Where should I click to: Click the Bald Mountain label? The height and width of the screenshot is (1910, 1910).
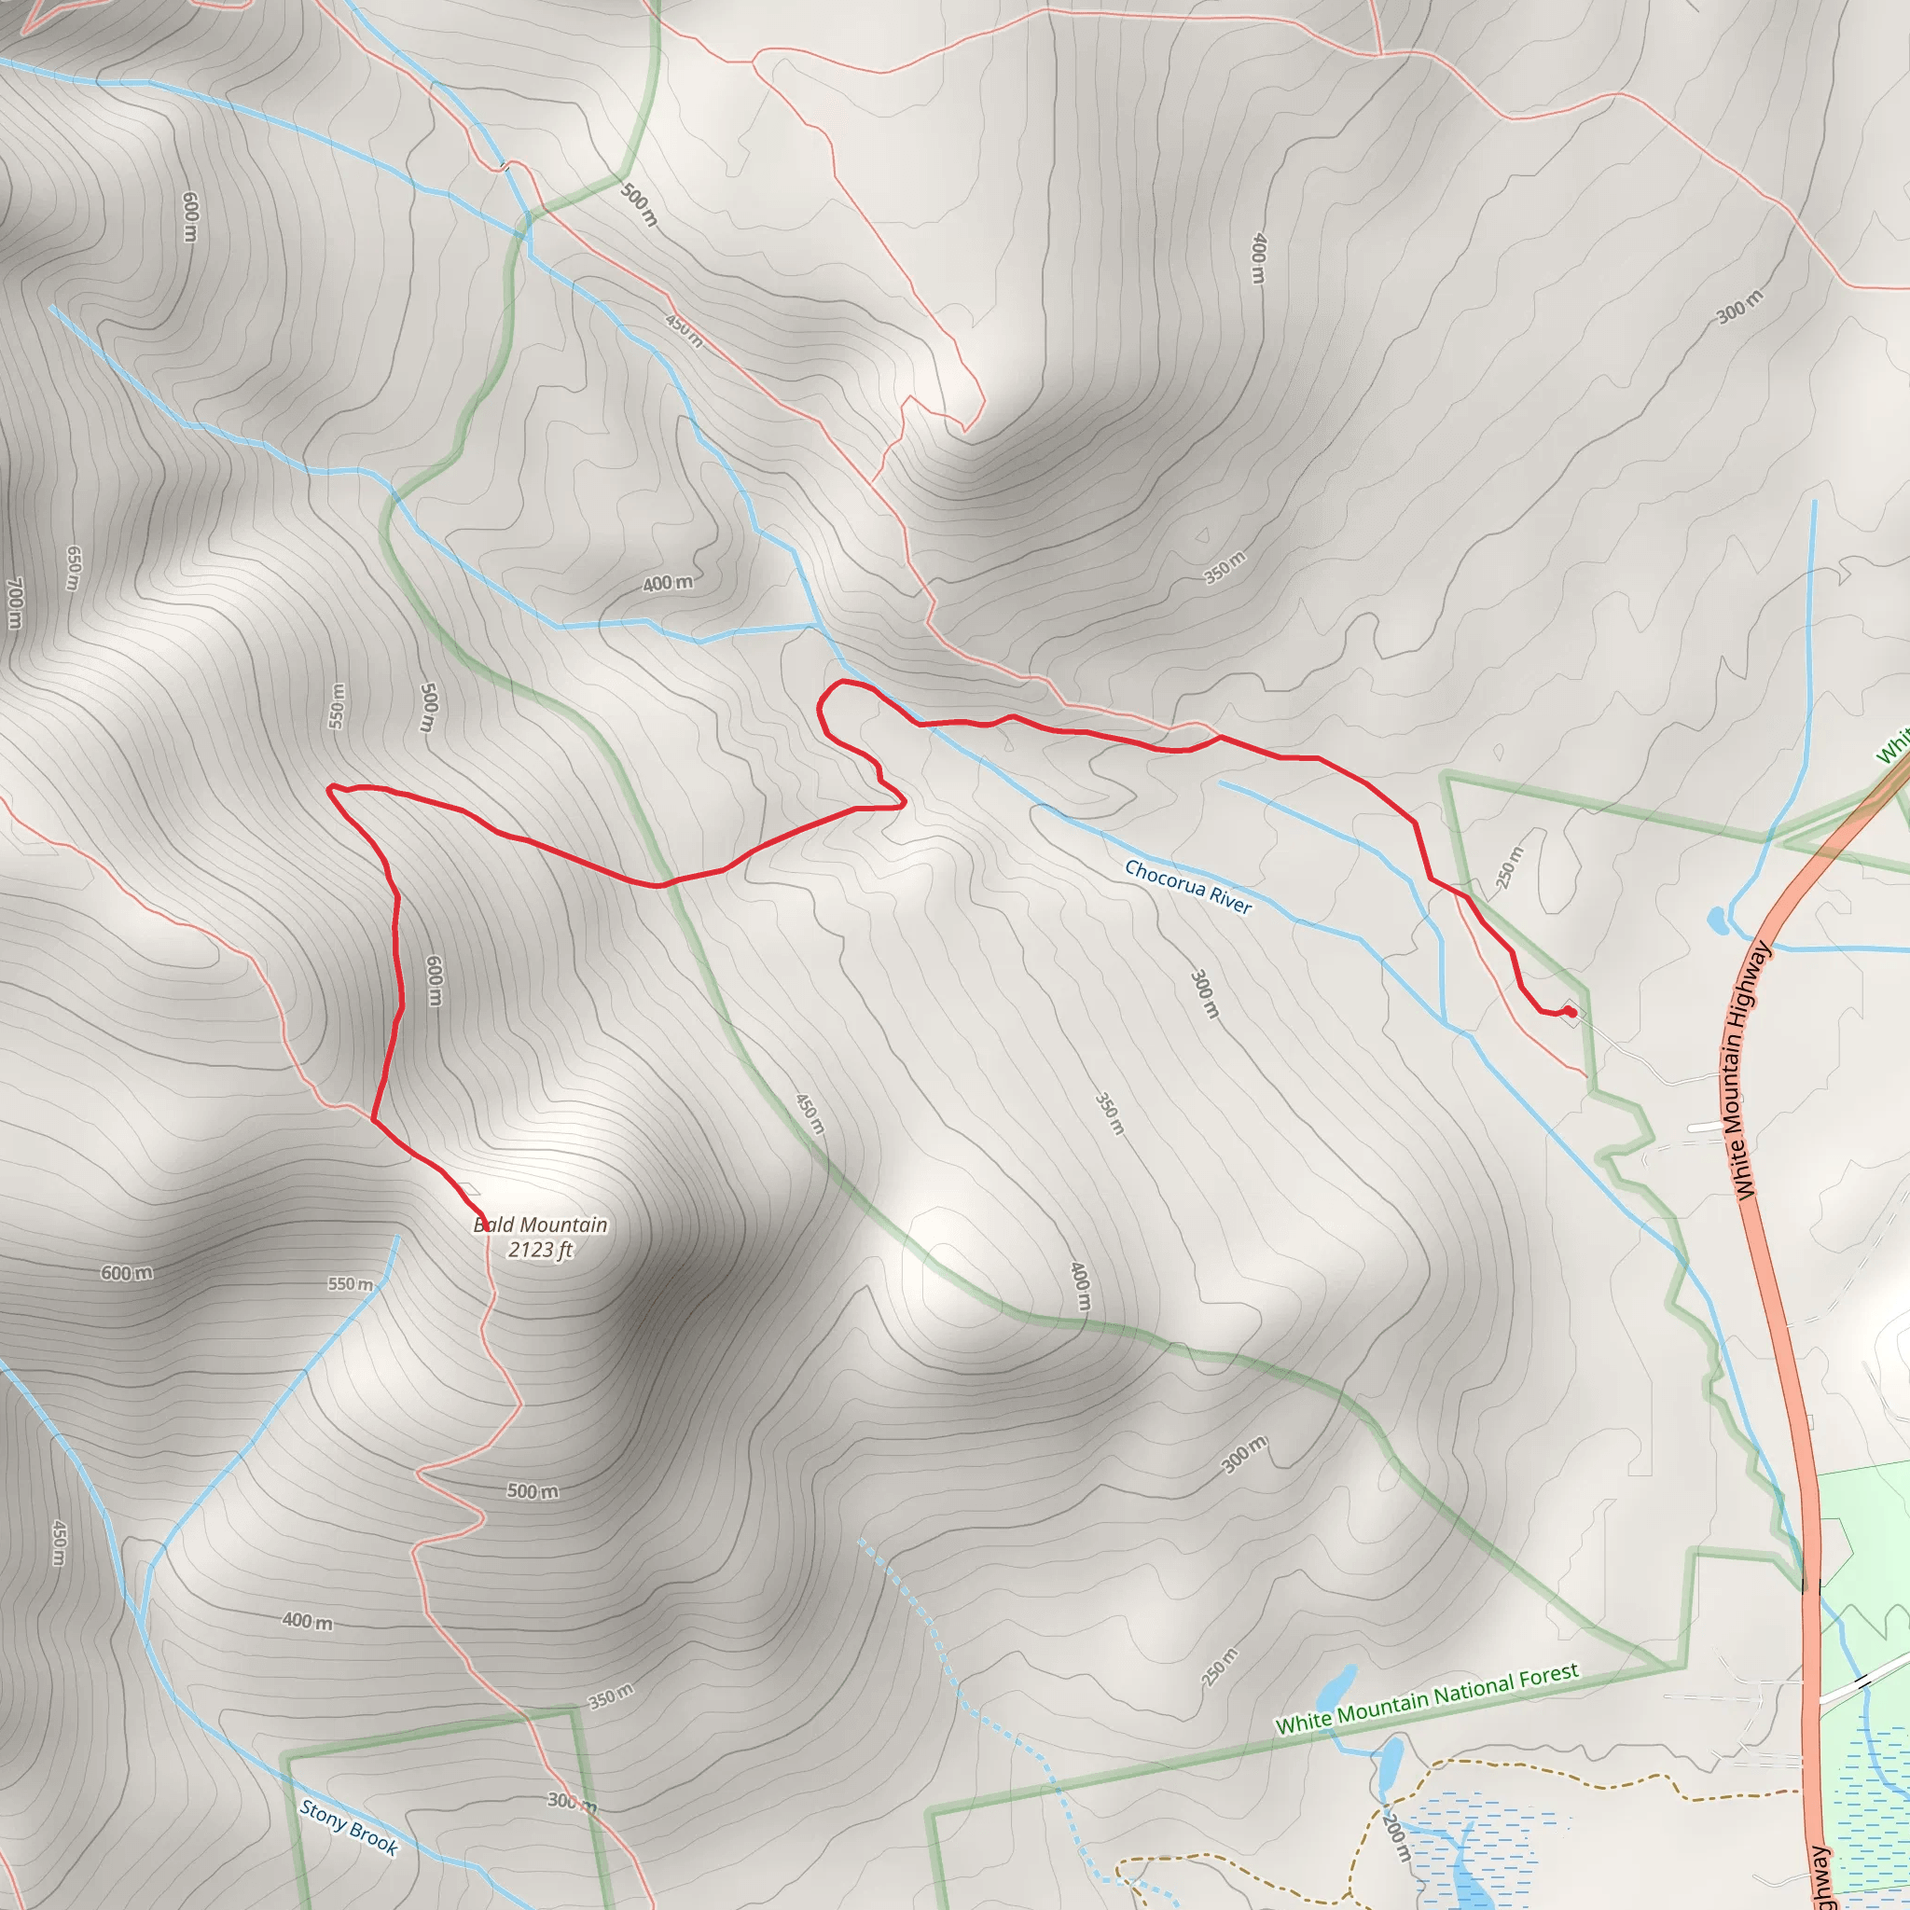coord(540,1225)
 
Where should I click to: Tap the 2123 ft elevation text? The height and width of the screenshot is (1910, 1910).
coord(540,1250)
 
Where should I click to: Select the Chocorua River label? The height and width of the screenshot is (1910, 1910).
coord(1187,886)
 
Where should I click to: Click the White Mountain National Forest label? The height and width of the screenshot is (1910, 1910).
coord(1427,1699)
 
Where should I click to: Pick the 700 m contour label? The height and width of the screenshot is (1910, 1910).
coord(15,603)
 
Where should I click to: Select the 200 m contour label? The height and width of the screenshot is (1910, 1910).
coord(1395,1837)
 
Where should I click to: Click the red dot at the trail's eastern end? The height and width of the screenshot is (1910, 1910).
coord(1571,1011)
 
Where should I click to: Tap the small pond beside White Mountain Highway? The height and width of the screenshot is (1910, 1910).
coord(1717,920)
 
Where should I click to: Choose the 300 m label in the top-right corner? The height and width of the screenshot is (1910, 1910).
coord(1739,307)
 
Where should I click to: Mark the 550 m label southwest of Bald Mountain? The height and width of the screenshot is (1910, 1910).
coord(351,1284)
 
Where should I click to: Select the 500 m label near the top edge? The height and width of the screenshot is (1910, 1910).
coord(639,204)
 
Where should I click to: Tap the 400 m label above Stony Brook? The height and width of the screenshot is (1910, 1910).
coord(308,1621)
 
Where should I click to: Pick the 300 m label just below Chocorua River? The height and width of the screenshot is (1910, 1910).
coord(1204,994)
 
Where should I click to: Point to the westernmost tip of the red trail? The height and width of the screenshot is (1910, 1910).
coord(329,788)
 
